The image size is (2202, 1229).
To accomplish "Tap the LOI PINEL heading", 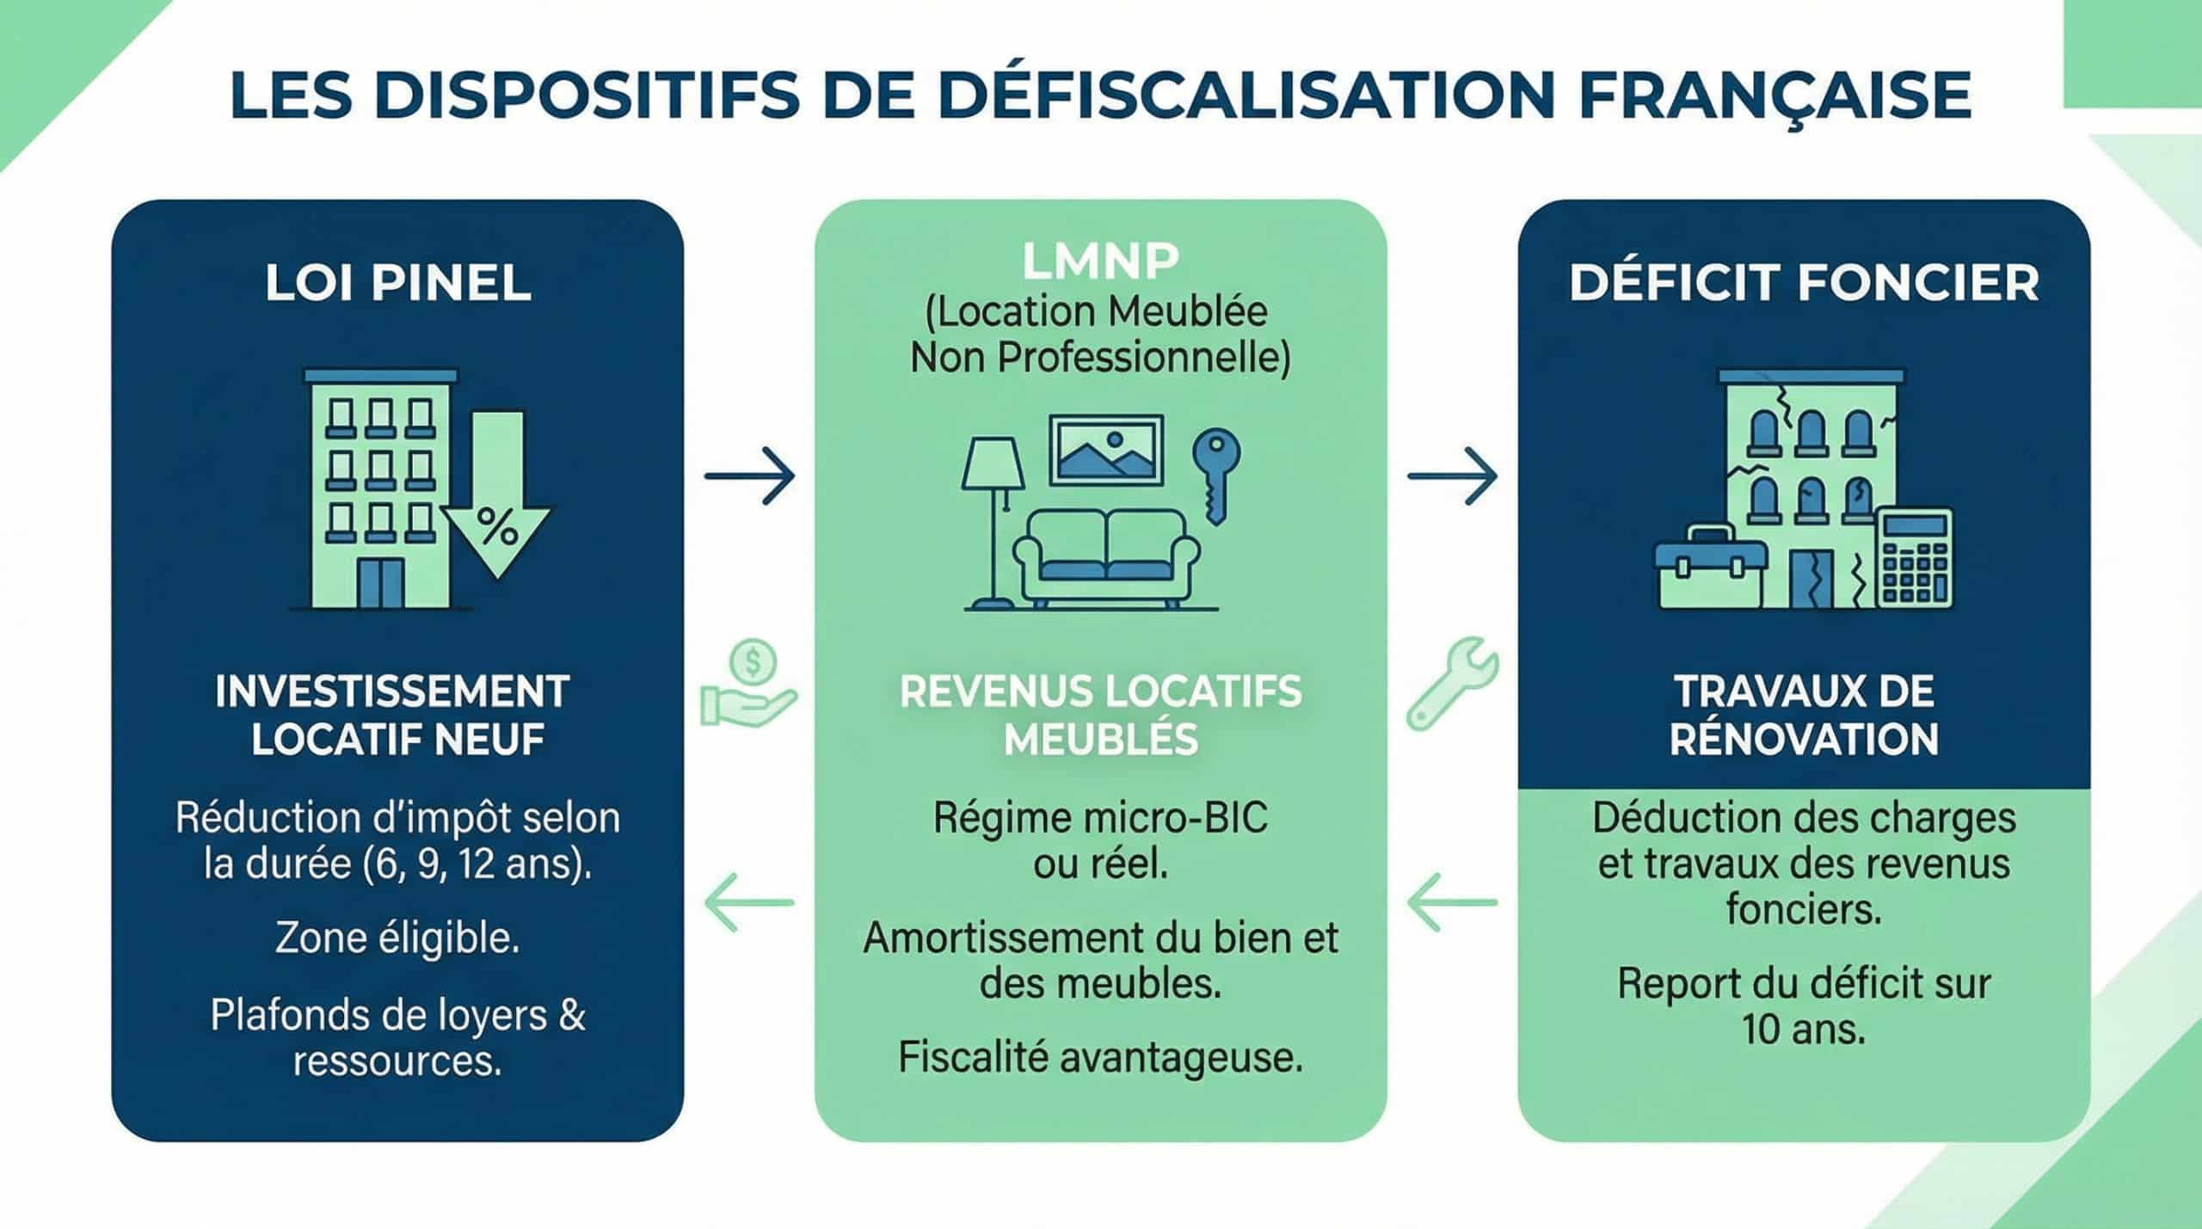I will (397, 283).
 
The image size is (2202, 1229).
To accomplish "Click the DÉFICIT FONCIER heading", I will (1804, 283).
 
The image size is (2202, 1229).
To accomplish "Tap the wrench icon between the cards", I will (1452, 684).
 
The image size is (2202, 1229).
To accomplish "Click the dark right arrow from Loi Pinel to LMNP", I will (749, 475).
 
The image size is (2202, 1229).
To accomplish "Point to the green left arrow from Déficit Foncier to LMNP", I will (1452, 902).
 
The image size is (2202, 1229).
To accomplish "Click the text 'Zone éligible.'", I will (397, 938).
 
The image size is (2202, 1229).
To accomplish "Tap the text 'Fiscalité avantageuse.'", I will (1100, 1057).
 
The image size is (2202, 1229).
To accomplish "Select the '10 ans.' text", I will (1804, 1029).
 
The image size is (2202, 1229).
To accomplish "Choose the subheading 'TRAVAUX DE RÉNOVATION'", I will (1804, 716).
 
